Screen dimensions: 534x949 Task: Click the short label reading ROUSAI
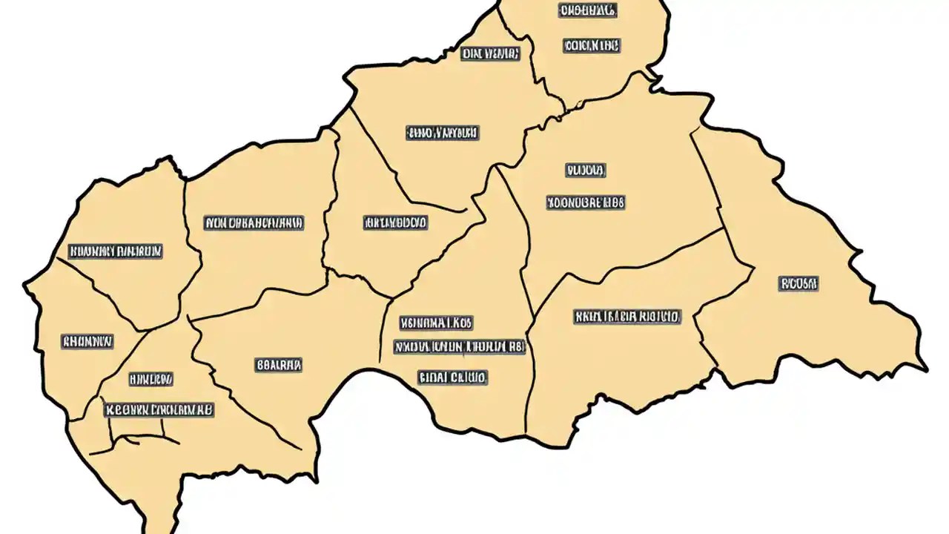click(x=798, y=283)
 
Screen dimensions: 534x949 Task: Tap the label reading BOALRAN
click(x=279, y=365)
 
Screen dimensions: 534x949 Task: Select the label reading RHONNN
click(x=87, y=342)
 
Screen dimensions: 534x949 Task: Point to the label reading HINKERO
click(x=151, y=379)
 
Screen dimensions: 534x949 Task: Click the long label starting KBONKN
click(x=159, y=409)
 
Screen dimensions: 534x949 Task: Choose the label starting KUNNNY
click(x=115, y=251)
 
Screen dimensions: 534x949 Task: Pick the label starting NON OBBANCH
click(x=254, y=222)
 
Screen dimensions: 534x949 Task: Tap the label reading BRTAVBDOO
click(x=395, y=222)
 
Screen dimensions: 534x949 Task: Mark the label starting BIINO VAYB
click(x=442, y=133)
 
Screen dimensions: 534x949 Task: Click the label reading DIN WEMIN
click(x=490, y=53)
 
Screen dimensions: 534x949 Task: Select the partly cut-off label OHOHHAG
click(x=586, y=10)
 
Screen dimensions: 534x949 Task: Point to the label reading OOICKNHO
click(x=591, y=46)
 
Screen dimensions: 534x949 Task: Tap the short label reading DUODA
click(x=586, y=171)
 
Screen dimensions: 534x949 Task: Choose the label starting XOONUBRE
click(x=586, y=202)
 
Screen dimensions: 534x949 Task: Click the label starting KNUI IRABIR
click(x=626, y=317)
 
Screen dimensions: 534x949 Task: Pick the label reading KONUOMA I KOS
click(x=437, y=323)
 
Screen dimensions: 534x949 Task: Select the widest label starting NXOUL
click(x=459, y=347)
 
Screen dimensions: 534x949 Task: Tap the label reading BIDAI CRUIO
click(x=452, y=378)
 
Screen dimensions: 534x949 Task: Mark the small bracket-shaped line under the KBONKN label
click(x=145, y=439)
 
